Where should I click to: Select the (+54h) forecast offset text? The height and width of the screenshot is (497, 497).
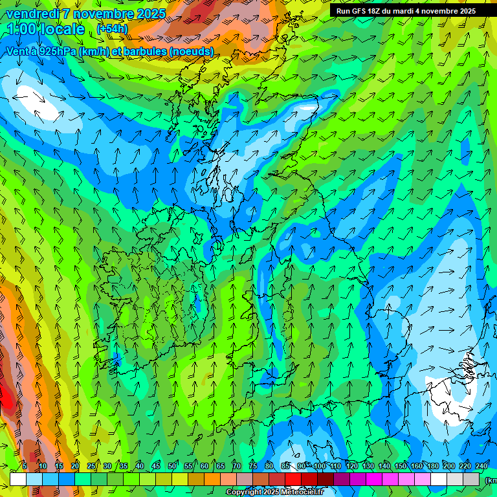tap(112, 29)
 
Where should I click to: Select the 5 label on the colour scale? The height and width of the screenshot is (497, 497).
tap(25, 466)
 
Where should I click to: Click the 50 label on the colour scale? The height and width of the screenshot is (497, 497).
tap(172, 466)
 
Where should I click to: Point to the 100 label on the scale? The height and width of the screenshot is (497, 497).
tap(320, 466)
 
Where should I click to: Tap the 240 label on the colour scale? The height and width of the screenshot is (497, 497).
tap(481, 466)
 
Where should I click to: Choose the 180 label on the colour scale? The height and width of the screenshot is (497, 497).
tap(433, 466)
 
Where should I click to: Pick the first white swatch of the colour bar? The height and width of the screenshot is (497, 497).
tap(18, 479)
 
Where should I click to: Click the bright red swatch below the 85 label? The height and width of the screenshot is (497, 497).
tap(293, 479)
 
